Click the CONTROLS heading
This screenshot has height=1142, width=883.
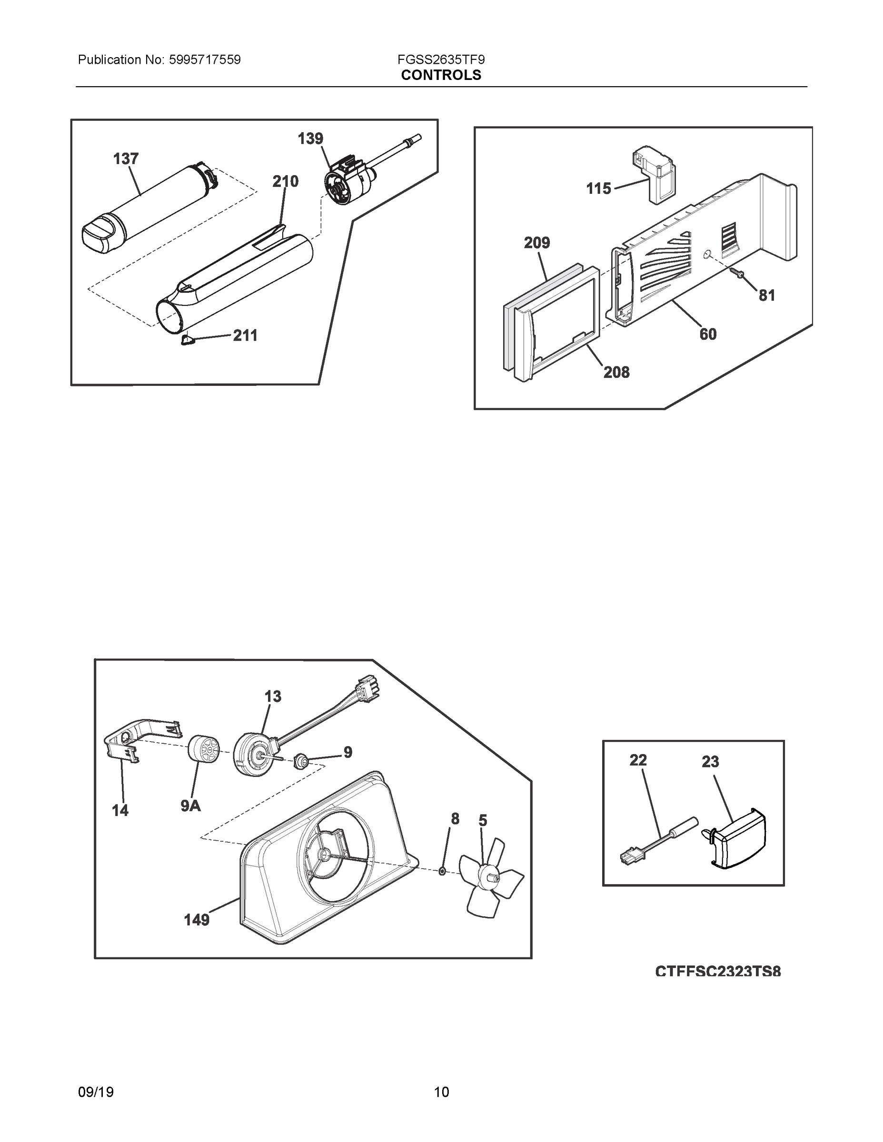tap(441, 75)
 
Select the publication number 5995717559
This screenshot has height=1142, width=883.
tap(205, 60)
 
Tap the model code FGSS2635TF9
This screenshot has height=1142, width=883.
tap(441, 60)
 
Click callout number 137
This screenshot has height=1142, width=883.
tap(126, 159)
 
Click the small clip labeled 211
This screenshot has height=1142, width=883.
tap(187, 340)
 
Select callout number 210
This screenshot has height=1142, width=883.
tap(285, 181)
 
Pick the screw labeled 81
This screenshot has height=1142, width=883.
tap(739, 273)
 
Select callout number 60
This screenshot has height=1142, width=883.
tap(708, 334)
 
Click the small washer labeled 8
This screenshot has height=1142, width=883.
tap(442, 872)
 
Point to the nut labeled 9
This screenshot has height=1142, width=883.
tap(301, 760)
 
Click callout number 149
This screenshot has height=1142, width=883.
tap(197, 920)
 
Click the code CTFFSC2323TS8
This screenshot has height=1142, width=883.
tap(718, 972)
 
